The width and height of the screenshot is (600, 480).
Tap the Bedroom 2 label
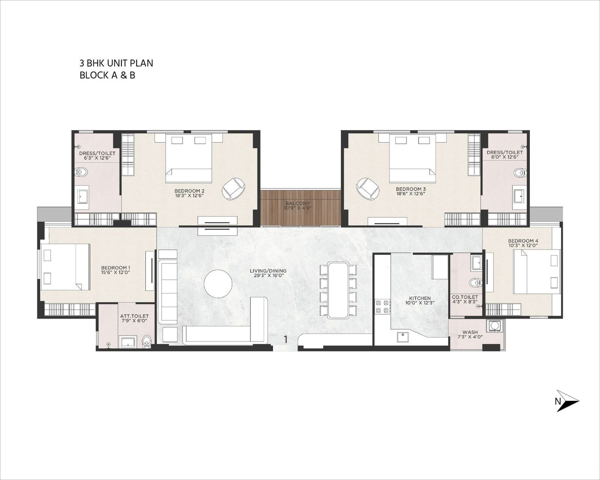pyautogui.click(x=189, y=191)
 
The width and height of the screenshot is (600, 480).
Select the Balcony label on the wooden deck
pyautogui.click(x=297, y=203)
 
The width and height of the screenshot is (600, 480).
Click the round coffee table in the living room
pyautogui.click(x=218, y=284)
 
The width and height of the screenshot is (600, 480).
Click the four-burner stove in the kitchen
pyautogui.click(x=382, y=306)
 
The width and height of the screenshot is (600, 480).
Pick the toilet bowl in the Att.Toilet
pyautogui.click(x=147, y=342)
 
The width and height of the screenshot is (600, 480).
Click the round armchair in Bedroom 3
pyautogui.click(x=368, y=189)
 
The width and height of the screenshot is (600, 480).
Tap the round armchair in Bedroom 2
pyautogui.click(x=234, y=189)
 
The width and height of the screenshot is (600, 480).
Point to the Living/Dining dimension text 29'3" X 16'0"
pyautogui.click(x=268, y=276)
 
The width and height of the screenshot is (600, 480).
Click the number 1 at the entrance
pyautogui.click(x=285, y=339)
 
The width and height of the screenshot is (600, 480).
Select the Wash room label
pyautogui.click(x=470, y=332)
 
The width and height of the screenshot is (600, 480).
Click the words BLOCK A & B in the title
pyautogui.click(x=107, y=75)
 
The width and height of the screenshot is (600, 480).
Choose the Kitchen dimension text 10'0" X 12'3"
pyautogui.click(x=420, y=303)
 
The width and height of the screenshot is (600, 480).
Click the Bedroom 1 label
pyautogui.click(x=115, y=268)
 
